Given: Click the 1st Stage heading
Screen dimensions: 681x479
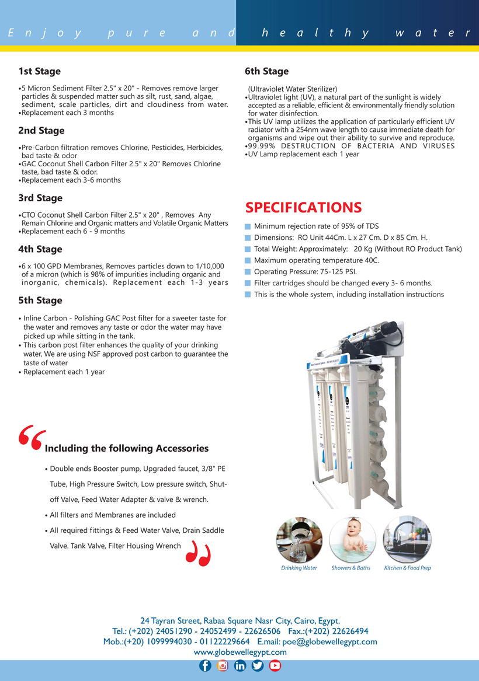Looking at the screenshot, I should pos(39,71).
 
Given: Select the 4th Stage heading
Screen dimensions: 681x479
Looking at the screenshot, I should pos(40,249).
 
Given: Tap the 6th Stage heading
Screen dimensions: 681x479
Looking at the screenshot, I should pos(266,71).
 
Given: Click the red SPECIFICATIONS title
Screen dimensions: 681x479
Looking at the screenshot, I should pos(303,208).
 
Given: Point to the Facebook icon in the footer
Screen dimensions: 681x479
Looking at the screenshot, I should pos(205,666).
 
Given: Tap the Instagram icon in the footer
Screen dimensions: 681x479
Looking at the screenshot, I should pos(223,666).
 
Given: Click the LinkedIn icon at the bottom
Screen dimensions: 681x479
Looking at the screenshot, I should pos(240,666).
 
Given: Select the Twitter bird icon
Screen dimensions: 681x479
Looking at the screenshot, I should pos(258,666).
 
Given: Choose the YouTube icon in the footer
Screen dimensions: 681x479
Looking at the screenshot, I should pos(275,666).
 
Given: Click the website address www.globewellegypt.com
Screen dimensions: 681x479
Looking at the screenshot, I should pos(240,652).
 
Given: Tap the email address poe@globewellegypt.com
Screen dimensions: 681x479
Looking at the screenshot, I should pos(329,641).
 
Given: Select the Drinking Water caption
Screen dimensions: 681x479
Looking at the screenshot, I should pos(299,568).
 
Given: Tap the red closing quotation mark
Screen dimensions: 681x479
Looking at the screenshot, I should pos(197,554).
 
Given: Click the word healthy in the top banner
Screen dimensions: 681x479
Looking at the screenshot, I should pos(315,33).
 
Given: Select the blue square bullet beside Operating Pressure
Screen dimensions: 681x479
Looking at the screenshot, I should pos(248,272).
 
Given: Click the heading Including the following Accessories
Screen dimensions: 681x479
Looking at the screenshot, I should pos(127,448).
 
